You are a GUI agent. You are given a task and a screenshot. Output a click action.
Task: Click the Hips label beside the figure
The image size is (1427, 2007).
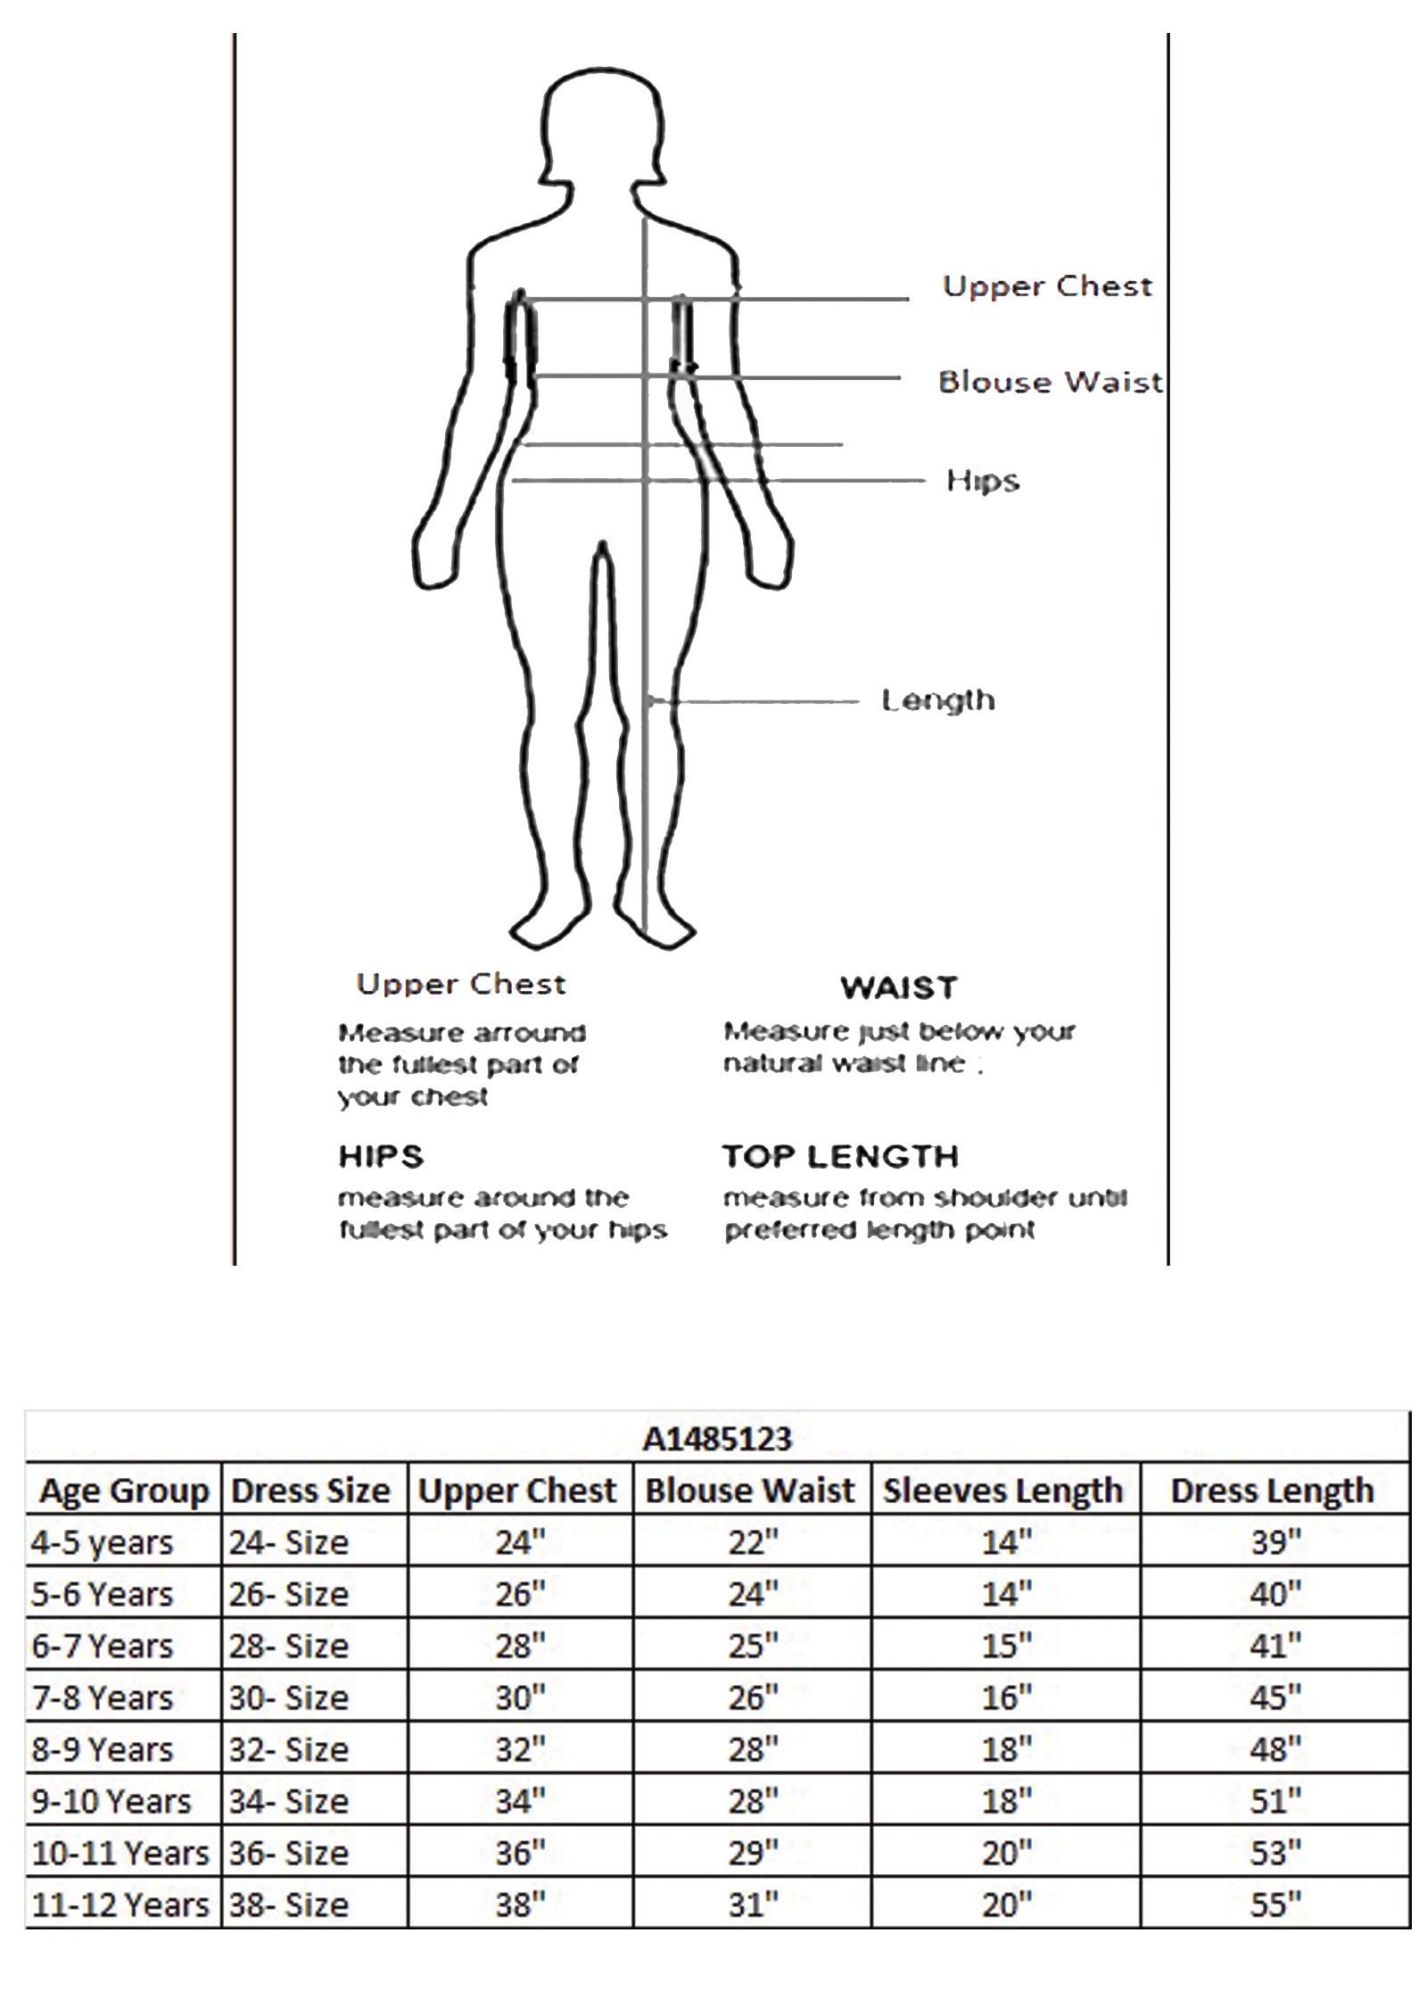[x=982, y=481]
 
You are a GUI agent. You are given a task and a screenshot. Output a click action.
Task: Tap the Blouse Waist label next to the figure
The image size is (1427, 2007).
[x=1050, y=382]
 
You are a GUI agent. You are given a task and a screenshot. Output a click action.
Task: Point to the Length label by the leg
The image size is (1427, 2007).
[x=937, y=700]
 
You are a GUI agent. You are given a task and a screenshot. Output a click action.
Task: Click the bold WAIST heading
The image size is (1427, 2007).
[x=899, y=987]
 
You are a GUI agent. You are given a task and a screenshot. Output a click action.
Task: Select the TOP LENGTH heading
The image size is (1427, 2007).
[x=840, y=1156]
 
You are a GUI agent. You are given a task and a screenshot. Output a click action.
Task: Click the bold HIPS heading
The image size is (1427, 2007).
[x=381, y=1156]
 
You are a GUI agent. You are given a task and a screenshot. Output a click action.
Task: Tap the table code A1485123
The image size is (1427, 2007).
[x=717, y=1438]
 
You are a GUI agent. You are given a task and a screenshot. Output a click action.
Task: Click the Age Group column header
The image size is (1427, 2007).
[x=124, y=1491]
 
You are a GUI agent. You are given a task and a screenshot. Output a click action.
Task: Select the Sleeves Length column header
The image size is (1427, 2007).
[x=1002, y=1491]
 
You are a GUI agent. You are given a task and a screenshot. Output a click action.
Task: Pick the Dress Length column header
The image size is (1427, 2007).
[x=1272, y=1491]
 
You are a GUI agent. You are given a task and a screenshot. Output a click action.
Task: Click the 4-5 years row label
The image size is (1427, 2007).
[x=102, y=1542]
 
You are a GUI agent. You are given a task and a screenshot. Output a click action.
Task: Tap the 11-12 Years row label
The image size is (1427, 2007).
[x=120, y=1904]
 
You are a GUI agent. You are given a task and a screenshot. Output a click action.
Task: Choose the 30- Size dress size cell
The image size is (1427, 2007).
[x=288, y=1697]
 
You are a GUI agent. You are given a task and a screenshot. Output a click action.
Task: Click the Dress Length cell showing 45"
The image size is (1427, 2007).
[x=1275, y=1697]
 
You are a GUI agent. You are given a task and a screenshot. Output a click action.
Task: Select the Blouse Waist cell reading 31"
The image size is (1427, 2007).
[x=753, y=1904]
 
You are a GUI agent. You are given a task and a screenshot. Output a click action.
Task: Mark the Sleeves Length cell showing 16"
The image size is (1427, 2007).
[x=1007, y=1697]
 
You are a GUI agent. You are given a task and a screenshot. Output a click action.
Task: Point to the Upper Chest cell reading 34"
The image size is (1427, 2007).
[x=520, y=1801]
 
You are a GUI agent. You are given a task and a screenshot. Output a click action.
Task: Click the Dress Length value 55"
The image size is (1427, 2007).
[x=1275, y=1904]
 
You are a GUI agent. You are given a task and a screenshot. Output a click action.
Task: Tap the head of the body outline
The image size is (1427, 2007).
[x=604, y=125]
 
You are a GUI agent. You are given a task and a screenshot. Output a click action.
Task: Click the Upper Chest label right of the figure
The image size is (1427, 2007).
[x=1048, y=285]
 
